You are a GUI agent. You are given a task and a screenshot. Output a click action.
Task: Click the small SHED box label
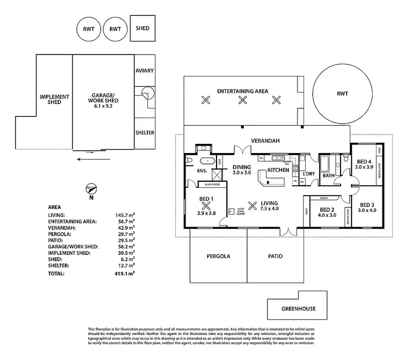click(x=143, y=28)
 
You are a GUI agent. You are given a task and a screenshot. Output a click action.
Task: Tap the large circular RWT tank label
click(x=342, y=94)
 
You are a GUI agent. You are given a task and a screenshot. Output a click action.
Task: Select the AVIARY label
click(x=145, y=71)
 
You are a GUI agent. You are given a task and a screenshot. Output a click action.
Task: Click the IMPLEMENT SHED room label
click(x=54, y=99)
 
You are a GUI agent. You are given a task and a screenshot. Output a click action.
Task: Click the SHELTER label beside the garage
click(x=145, y=133)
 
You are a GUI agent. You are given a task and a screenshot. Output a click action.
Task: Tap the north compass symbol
click(x=91, y=190)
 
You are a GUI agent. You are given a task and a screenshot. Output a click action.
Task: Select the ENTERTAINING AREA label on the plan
click(x=242, y=91)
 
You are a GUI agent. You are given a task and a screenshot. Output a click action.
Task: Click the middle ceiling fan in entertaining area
click(x=242, y=100)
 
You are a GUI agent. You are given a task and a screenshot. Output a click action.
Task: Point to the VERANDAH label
click(x=265, y=141)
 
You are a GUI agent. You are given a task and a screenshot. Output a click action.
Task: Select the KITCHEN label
click(x=278, y=170)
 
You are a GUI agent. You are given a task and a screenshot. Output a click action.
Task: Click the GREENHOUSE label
click(x=298, y=309)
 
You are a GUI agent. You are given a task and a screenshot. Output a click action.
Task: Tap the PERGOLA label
click(x=218, y=256)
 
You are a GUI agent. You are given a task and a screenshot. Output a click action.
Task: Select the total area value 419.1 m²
click(x=124, y=273)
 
